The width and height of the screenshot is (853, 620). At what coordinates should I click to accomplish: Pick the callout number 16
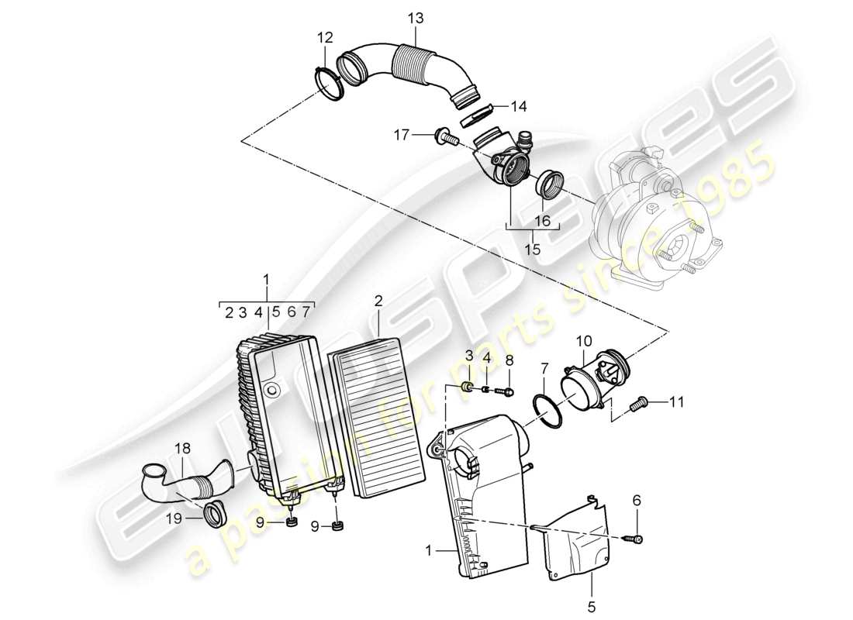tap(541, 222)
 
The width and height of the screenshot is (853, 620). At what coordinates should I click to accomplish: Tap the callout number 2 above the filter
tap(378, 300)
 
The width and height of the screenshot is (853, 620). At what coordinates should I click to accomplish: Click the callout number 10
tap(583, 340)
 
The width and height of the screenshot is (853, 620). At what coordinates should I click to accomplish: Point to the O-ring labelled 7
tap(549, 410)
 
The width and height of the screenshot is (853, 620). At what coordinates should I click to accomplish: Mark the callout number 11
tap(677, 401)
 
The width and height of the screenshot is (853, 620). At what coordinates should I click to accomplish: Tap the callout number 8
tap(509, 360)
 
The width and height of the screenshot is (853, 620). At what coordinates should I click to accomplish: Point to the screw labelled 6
tap(636, 537)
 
